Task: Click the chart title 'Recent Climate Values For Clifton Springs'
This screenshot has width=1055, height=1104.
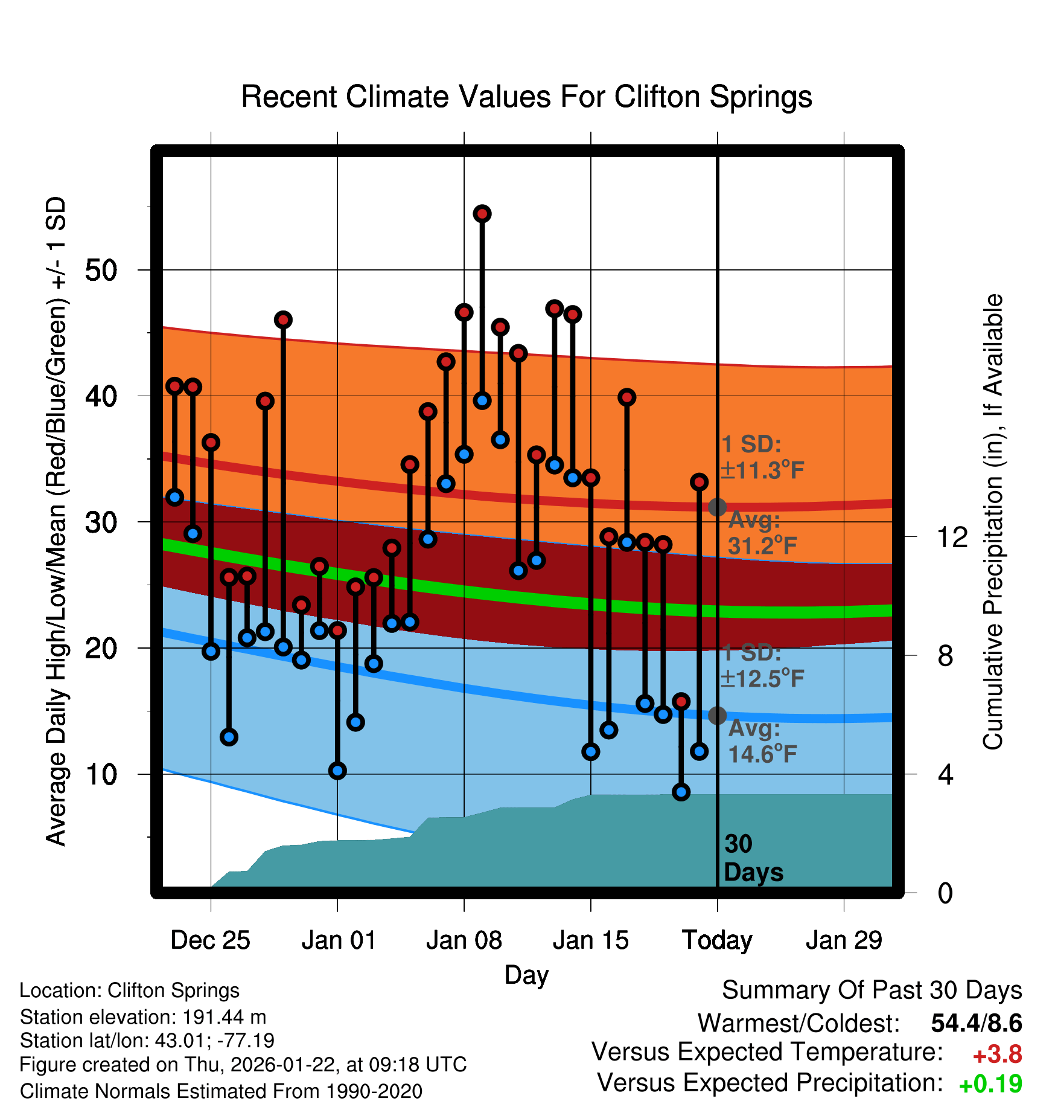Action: coord(526,97)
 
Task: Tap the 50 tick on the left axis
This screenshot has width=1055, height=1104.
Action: coord(101,270)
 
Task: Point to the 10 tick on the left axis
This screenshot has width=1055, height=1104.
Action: coord(101,774)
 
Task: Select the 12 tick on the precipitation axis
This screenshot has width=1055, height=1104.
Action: coord(952,537)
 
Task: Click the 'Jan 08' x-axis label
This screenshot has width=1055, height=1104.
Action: coord(464,940)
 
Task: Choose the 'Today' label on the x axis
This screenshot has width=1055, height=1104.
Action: coord(717,940)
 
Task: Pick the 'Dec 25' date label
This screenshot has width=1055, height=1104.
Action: coord(210,940)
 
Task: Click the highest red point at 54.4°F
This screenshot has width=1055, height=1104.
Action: coord(482,214)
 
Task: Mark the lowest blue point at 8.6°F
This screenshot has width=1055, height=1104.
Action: coord(681,792)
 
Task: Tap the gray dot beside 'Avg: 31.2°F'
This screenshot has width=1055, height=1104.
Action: coord(717,507)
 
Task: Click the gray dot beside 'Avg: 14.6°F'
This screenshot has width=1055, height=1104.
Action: coord(717,716)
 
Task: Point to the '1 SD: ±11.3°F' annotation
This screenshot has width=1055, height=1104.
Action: coord(762,457)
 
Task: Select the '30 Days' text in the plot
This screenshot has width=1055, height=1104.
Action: coord(753,858)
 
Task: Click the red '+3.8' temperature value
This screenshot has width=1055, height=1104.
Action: coord(997,1054)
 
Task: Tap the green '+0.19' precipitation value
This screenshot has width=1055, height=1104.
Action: coord(990,1084)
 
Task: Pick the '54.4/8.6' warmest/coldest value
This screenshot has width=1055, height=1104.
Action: coord(976,1023)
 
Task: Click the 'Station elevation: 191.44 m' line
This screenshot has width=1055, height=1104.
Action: coord(143,1017)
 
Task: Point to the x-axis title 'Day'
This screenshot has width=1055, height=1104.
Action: coord(526,975)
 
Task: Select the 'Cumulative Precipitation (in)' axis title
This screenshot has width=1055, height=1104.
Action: coord(993,522)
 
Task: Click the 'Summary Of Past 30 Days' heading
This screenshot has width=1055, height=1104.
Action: coord(872,990)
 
